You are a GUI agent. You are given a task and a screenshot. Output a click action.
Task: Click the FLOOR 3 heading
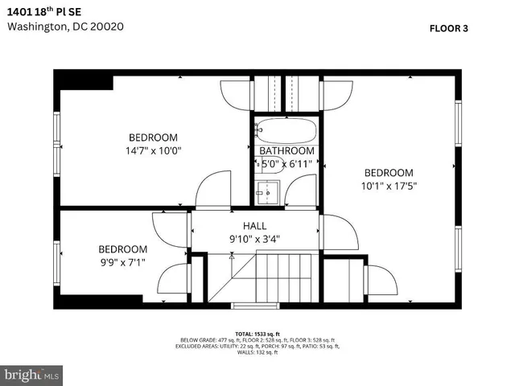448,28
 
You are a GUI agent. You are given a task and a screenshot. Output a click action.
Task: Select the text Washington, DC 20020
65,26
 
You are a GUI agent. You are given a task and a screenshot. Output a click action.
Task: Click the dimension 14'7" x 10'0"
153,150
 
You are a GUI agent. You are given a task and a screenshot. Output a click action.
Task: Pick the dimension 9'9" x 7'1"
123,261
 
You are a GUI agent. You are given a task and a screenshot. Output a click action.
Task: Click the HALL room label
245,226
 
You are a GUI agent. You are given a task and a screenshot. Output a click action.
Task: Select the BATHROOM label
286,151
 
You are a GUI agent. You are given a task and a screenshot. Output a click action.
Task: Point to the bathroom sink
266,190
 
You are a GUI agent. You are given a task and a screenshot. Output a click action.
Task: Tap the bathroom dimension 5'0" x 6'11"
286,163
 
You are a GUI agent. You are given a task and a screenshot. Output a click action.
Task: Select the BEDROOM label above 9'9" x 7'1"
123,249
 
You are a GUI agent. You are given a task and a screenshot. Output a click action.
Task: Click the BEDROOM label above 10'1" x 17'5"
389,173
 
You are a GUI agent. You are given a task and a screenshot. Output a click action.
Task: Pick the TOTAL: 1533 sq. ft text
257,333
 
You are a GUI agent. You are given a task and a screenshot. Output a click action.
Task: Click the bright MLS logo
32,374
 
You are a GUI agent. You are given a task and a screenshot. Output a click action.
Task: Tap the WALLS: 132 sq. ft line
257,352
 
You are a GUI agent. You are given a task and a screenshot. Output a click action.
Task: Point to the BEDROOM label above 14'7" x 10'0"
153,138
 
